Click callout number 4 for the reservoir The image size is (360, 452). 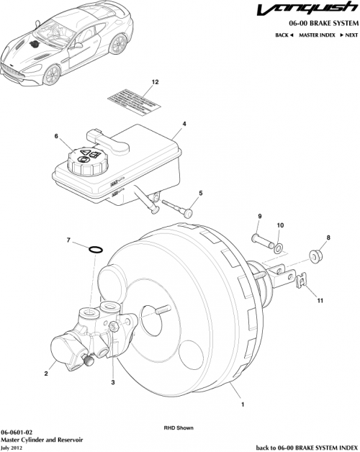(x=184, y=124)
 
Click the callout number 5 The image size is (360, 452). (x=201, y=192)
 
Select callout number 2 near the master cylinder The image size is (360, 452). (x=46, y=373)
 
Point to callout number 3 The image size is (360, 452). (x=112, y=382)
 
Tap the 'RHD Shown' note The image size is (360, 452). (x=179, y=428)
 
